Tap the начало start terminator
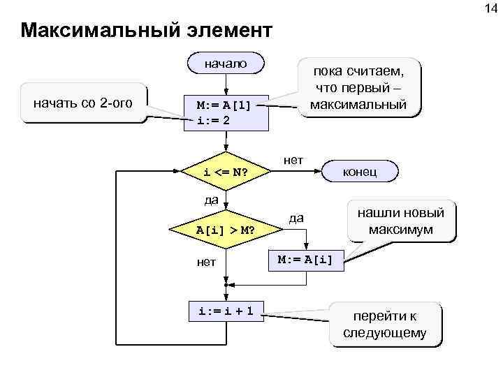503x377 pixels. pyautogui.click(x=225, y=64)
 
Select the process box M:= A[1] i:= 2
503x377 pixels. pyautogui.click(x=225, y=112)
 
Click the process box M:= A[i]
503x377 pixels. pyautogui.click(x=306, y=260)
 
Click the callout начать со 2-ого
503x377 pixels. pyautogui.click(x=84, y=103)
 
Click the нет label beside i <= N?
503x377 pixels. pyautogui.click(x=293, y=161)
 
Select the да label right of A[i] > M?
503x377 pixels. pyautogui.click(x=296, y=218)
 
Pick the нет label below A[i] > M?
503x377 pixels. pyautogui.click(x=205, y=262)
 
